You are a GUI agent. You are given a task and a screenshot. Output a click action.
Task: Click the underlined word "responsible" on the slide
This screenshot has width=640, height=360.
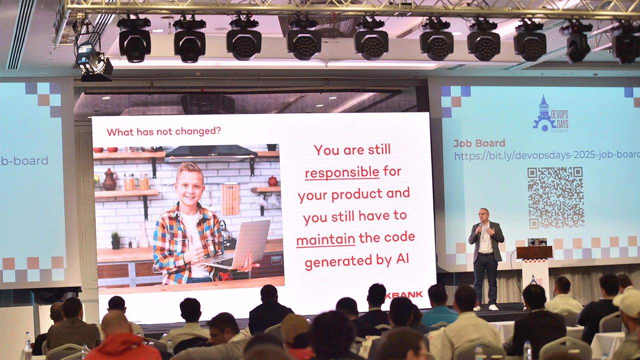[x=342, y=172]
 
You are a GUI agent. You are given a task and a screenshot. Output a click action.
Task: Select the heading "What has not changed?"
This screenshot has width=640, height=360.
[x=164, y=132]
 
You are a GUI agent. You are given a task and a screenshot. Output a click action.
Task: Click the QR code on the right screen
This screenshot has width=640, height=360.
[x=555, y=197]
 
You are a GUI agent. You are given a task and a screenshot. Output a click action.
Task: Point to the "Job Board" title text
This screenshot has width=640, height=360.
[x=479, y=143]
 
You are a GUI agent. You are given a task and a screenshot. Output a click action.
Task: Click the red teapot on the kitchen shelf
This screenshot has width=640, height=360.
[x=109, y=179]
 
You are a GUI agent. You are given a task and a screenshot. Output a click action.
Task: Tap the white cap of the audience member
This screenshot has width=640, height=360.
[x=627, y=302]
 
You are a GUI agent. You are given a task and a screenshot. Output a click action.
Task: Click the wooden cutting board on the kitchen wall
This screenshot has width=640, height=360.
[x=230, y=198]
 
